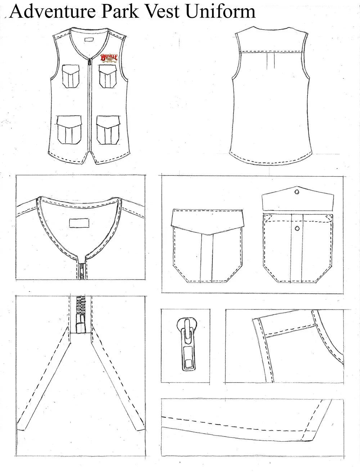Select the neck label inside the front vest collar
coord(89,40)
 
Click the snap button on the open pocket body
coord(297,228)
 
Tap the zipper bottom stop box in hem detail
coord(80,327)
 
